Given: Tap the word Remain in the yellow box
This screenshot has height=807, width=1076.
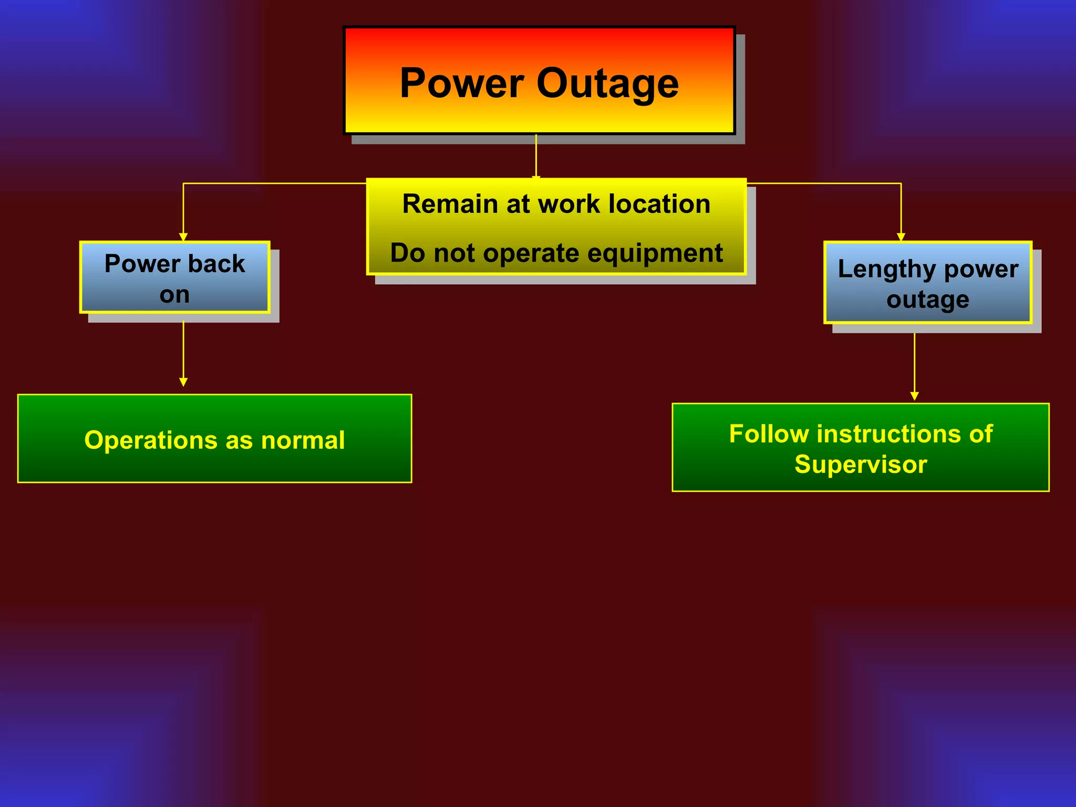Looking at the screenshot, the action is pos(450,204).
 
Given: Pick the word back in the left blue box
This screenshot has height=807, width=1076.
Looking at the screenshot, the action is pos(216,264).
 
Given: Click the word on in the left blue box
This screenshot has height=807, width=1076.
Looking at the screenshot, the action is pos(174,295).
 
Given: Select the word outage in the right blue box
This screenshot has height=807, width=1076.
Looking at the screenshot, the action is pos(927,299).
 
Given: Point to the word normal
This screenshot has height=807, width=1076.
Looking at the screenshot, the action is pos(303,440).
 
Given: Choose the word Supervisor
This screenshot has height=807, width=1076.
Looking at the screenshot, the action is pos(861,464).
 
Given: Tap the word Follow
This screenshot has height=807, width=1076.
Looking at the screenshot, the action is pos(769,434).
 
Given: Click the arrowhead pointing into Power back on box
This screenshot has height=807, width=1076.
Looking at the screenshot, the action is pos(183,237).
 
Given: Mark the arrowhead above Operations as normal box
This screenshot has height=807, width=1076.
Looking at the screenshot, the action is pos(183,382).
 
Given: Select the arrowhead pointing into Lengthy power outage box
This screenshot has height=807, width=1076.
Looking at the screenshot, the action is pos(901,237).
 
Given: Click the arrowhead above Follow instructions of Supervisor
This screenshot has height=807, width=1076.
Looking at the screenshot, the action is pos(914,396).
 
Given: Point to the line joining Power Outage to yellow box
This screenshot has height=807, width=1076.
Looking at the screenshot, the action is pos(536,156).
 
